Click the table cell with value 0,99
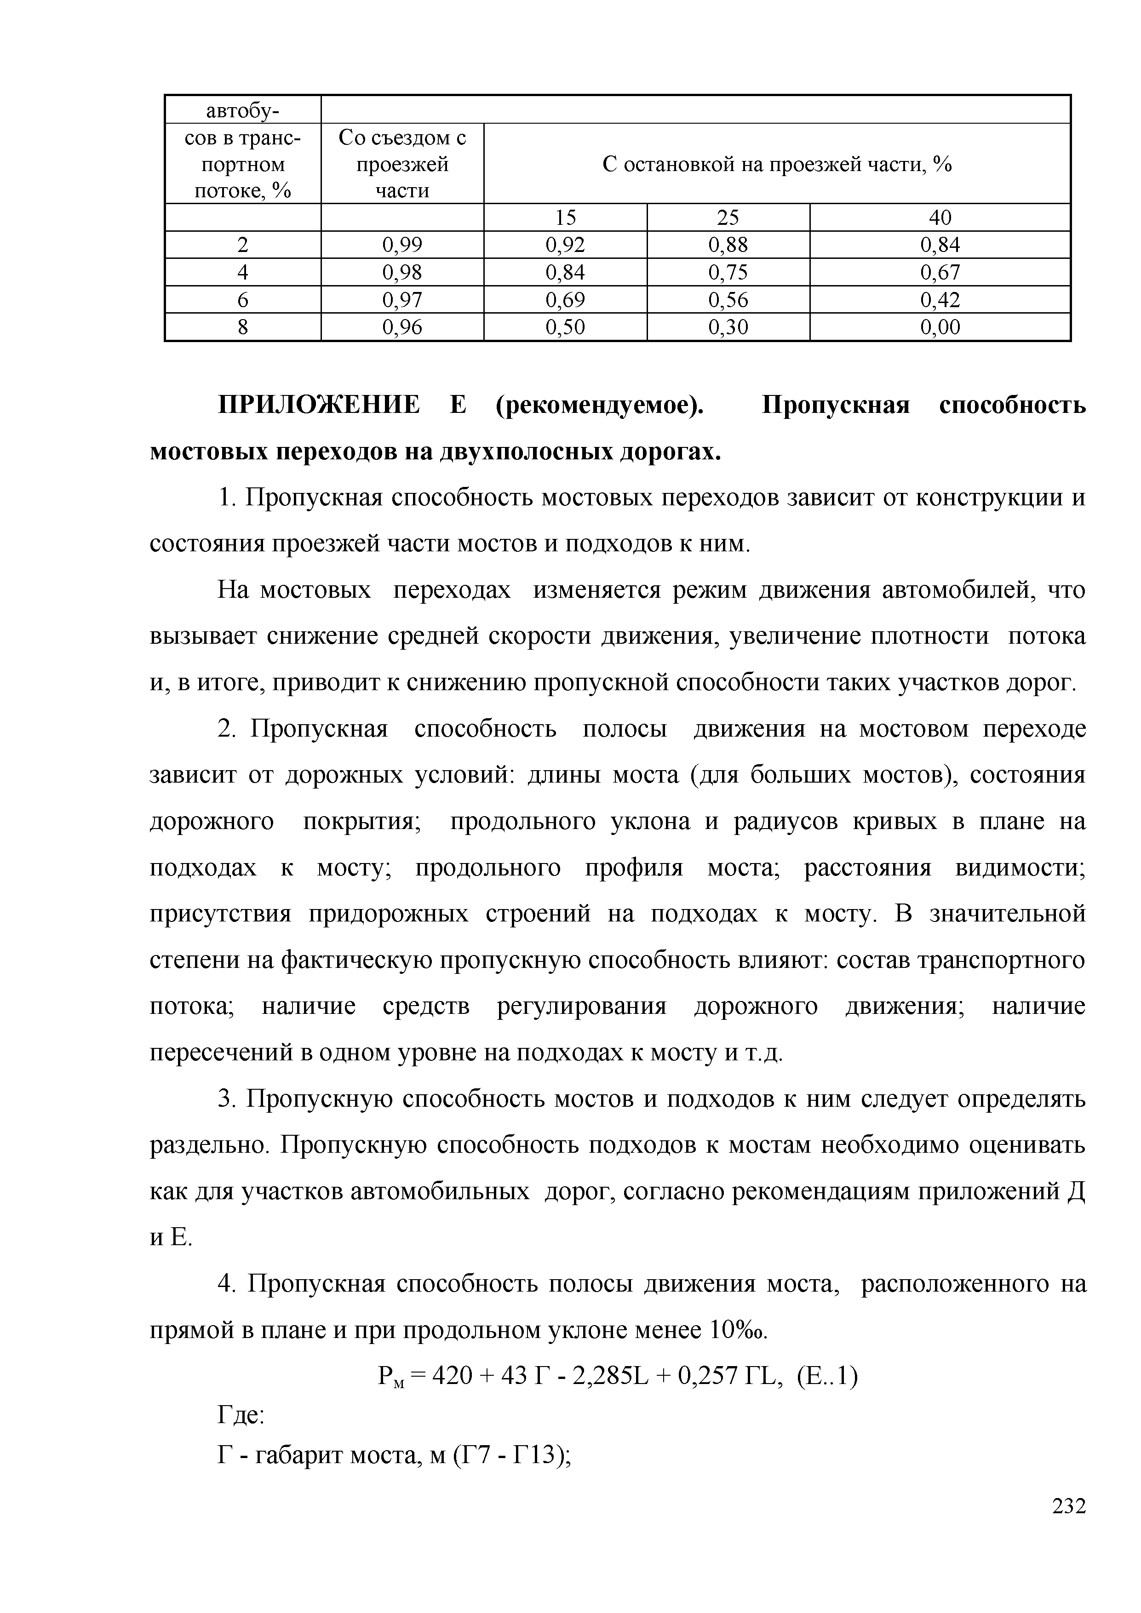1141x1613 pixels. point(402,245)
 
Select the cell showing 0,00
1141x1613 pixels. point(940,326)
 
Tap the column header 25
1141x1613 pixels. point(728,217)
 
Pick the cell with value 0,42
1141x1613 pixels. point(940,300)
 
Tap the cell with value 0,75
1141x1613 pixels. point(728,272)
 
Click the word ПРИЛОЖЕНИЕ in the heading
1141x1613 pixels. point(319,406)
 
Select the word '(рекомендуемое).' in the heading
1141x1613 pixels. point(600,406)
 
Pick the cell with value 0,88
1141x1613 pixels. point(728,245)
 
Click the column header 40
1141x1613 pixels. point(940,217)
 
